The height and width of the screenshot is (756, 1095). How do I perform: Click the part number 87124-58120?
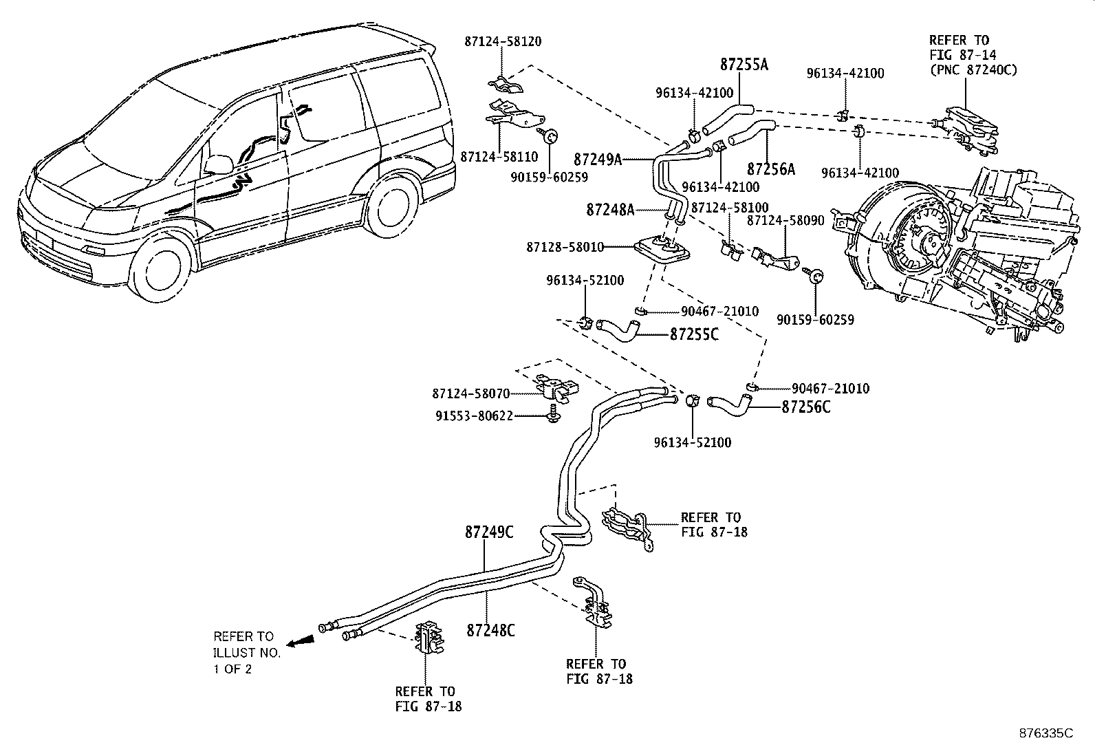pyautogui.click(x=503, y=41)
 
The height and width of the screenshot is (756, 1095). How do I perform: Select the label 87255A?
pyautogui.click(x=744, y=65)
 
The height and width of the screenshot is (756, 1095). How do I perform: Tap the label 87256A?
pyautogui.click(x=771, y=169)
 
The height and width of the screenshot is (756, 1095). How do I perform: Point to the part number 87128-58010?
pyautogui.click(x=565, y=248)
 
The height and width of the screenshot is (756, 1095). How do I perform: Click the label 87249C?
pyautogui.click(x=489, y=532)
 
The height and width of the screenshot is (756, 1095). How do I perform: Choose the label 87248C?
pyautogui.click(x=490, y=630)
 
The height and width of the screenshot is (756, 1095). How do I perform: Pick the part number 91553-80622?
pyautogui.click(x=474, y=416)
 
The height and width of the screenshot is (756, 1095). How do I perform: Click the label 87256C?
pyautogui.click(x=805, y=407)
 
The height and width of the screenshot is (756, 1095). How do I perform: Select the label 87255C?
pyautogui.click(x=694, y=334)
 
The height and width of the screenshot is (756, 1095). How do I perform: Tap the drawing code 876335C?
pyautogui.click(x=1046, y=733)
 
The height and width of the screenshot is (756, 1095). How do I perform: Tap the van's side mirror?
pyautogui.click(x=219, y=165)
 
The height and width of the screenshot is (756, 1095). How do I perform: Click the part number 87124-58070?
pyautogui.click(x=470, y=393)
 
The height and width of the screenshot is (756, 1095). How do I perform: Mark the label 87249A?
pyautogui.click(x=597, y=160)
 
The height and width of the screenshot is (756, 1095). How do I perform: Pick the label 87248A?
pyautogui.click(x=610, y=210)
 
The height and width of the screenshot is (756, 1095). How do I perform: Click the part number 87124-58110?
pyautogui.click(x=499, y=157)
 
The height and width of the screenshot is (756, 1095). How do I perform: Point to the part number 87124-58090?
pyautogui.click(x=785, y=221)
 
